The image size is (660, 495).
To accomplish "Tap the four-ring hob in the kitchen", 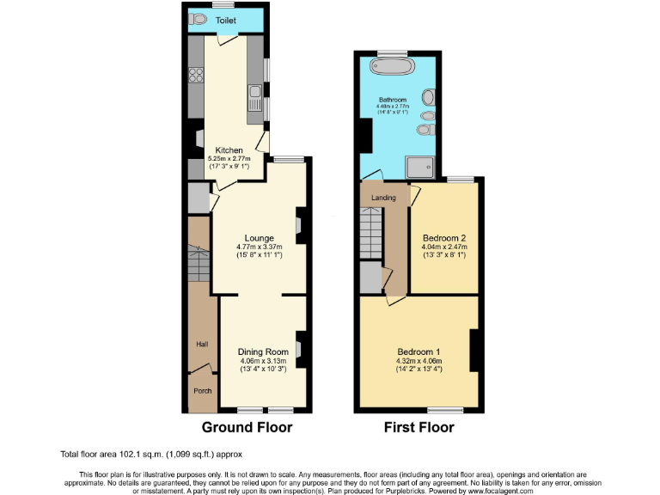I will pos(196,76).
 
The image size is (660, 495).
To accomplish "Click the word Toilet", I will pos(226,20).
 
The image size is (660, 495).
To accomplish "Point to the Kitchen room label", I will pos(229,150).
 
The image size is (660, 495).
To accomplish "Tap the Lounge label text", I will pos(259,238).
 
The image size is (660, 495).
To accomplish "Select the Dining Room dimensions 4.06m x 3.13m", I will pos(263,361).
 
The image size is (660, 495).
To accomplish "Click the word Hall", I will pos(202,344).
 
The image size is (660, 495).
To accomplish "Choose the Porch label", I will pos(202,391).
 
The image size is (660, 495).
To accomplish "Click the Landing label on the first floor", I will pos(383,198).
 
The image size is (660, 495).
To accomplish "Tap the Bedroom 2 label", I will pos(444,238).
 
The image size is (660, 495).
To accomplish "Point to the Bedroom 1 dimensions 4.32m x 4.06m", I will pos(419,362).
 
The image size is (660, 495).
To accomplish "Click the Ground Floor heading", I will pos(247,427).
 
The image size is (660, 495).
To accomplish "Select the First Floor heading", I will pos(419,427).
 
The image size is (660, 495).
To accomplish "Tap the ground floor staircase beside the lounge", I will pos(199,266).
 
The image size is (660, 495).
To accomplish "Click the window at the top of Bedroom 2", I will pos(460,180).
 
